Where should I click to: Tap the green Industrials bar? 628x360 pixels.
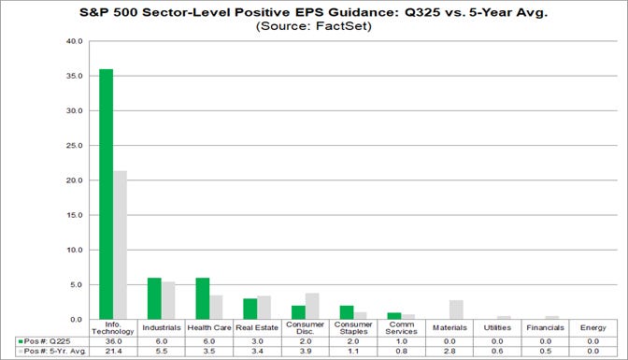[x=154, y=298]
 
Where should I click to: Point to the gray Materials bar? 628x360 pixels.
[x=457, y=310]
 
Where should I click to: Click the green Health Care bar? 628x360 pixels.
[x=203, y=298]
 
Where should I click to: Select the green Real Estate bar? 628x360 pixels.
[x=251, y=309]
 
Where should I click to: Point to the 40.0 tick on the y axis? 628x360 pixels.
[x=74, y=42]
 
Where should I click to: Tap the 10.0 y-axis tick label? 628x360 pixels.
[x=74, y=250]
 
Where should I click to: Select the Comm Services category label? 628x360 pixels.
[x=401, y=328]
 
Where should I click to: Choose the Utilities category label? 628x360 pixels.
[x=497, y=328]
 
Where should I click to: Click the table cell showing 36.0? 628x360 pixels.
[x=112, y=341]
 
